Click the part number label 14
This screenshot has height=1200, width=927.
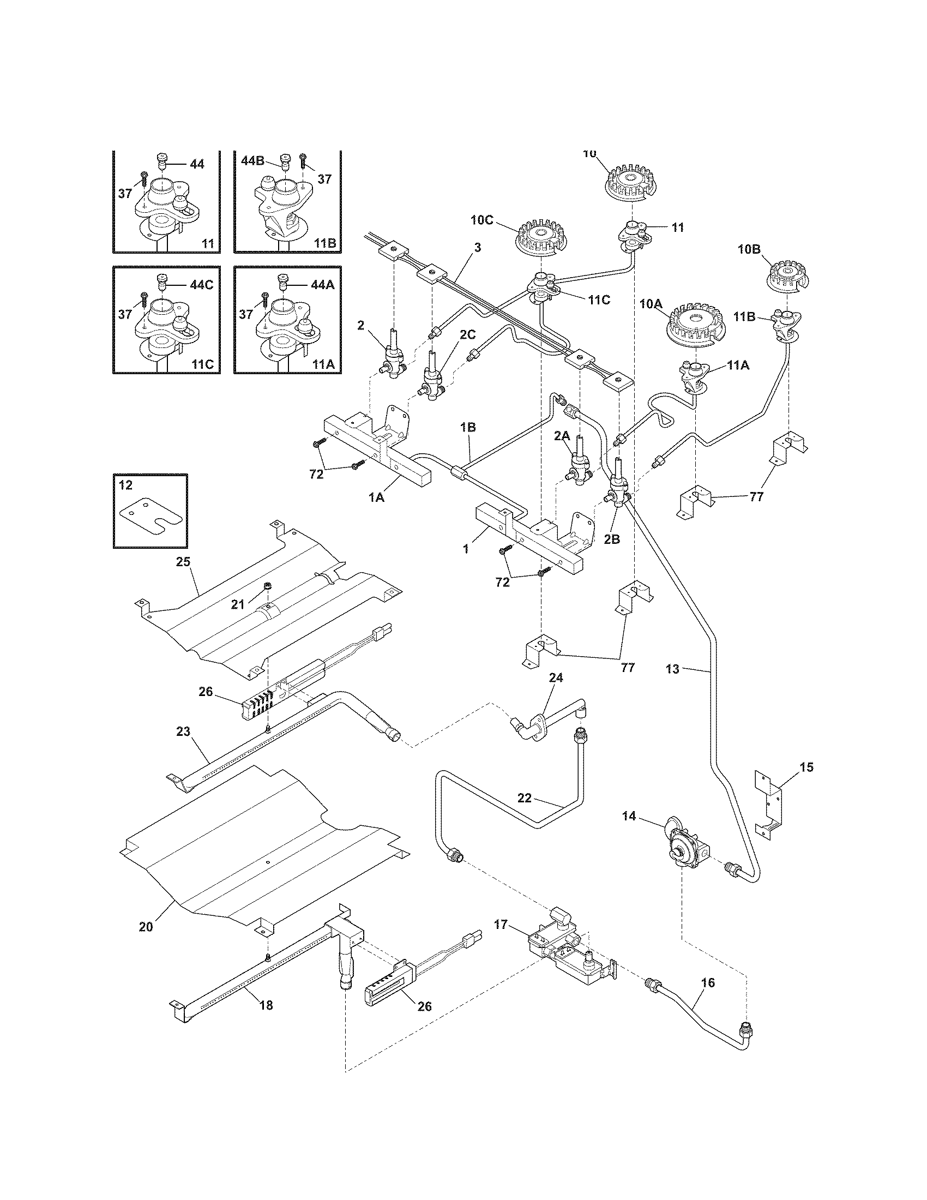[x=629, y=831]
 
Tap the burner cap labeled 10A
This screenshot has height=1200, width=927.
[x=694, y=328]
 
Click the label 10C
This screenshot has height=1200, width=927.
[x=481, y=220]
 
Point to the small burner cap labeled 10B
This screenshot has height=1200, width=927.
[x=787, y=275]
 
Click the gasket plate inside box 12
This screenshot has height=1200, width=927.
[x=150, y=516]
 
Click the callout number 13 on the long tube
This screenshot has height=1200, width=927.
[x=672, y=669]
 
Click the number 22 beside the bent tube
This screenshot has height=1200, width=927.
[x=525, y=797]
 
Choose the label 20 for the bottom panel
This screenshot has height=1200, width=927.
[x=146, y=926]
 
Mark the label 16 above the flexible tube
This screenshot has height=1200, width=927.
[x=708, y=982]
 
